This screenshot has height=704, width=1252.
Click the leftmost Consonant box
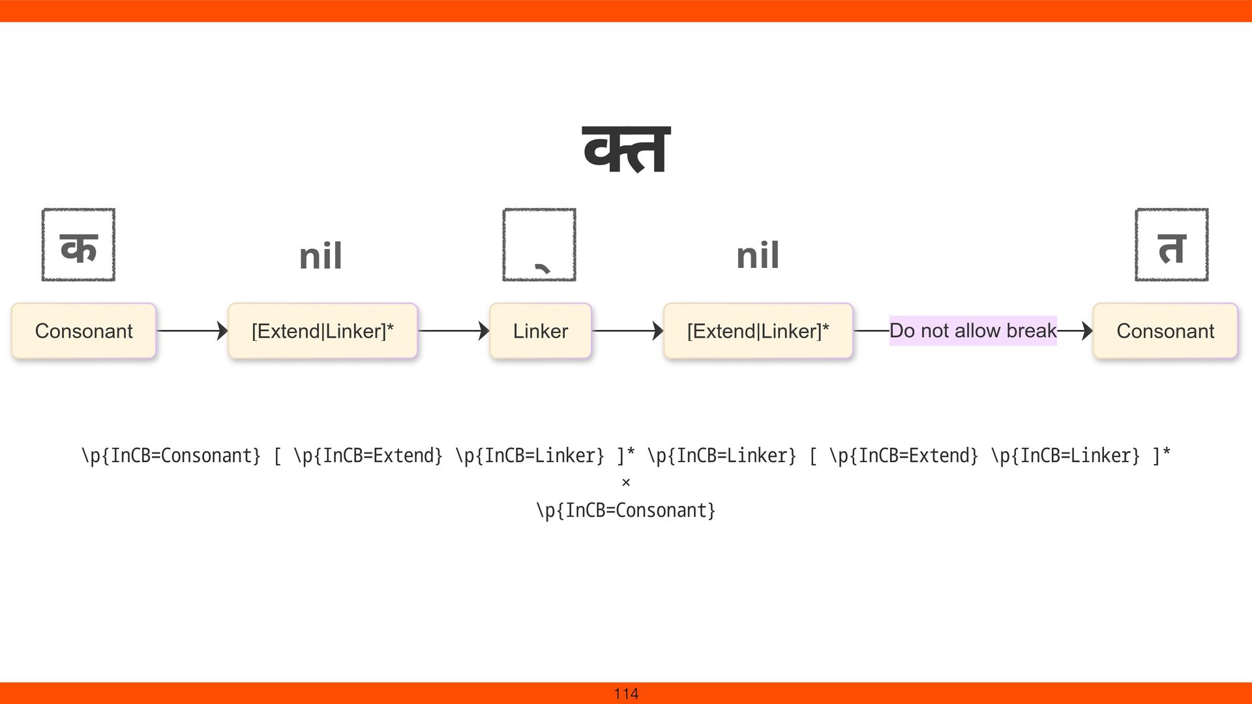click(x=83, y=331)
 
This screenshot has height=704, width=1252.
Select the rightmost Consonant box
click(x=1165, y=331)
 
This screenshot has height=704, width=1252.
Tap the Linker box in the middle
click(x=540, y=331)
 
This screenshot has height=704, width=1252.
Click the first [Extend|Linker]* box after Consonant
click(x=322, y=331)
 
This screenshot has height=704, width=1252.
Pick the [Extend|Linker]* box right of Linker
click(x=758, y=331)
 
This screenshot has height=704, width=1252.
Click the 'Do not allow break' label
click(x=972, y=330)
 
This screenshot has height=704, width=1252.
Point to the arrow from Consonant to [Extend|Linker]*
click(x=192, y=331)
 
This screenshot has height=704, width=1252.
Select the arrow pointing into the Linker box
click(x=453, y=331)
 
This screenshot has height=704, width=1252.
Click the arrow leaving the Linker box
click(x=627, y=331)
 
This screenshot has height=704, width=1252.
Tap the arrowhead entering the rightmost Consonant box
click(x=1086, y=331)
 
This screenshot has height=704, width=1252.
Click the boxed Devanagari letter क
click(x=78, y=245)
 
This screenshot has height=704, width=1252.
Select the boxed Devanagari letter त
click(x=1171, y=245)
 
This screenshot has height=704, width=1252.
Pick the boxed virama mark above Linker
click(x=539, y=245)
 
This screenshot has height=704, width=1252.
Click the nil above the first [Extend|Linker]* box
click(x=320, y=256)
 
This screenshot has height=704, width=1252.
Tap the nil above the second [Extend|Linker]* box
click(x=758, y=255)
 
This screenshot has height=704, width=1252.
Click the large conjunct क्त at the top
click(x=626, y=150)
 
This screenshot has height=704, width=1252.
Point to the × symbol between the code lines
click(x=626, y=482)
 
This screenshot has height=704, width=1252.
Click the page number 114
click(x=626, y=694)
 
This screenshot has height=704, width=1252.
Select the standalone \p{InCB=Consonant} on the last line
click(x=626, y=510)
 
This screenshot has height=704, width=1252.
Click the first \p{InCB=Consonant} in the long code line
click(x=171, y=455)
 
